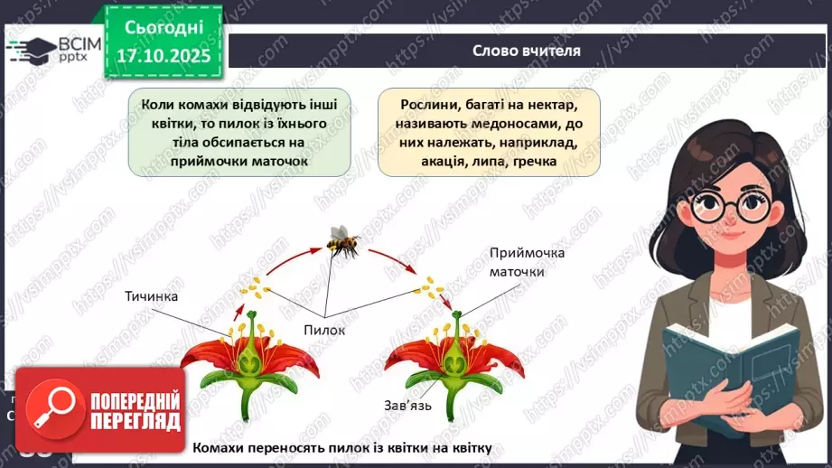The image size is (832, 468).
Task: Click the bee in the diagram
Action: pos(343,244)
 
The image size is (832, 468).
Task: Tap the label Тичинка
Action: pos(153,296)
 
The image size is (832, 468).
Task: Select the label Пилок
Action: pos(324,331)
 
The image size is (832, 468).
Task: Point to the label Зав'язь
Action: pos(407,405)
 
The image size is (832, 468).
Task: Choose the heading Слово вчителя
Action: pos(526,51)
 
